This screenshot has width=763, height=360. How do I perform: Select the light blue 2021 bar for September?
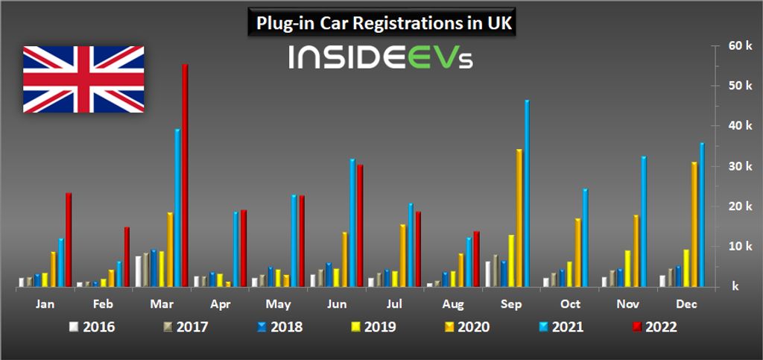click(x=527, y=193)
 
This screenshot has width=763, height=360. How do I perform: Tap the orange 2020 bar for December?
click(x=694, y=224)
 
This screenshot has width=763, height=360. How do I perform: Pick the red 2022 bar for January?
click(x=69, y=239)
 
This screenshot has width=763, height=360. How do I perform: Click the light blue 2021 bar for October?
click(x=586, y=238)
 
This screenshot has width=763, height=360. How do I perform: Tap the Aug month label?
click(x=452, y=305)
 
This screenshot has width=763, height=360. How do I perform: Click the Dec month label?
click(x=686, y=305)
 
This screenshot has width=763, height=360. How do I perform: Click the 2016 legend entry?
click(x=92, y=326)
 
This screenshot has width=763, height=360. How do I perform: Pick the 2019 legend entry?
click(x=372, y=326)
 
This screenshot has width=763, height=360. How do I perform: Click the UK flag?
click(x=83, y=79)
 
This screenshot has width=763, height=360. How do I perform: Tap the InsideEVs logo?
click(x=381, y=57)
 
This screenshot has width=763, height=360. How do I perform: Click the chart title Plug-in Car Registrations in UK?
click(x=381, y=23)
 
